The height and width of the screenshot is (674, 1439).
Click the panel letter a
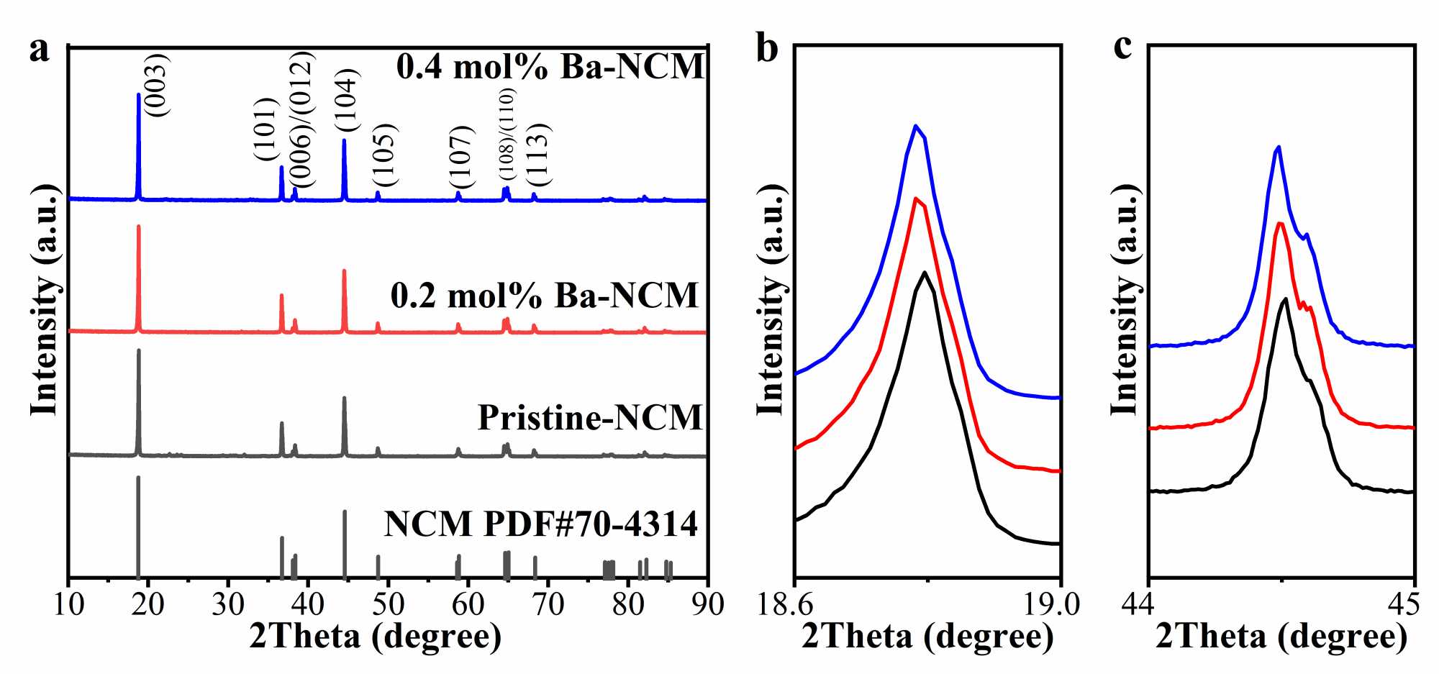[x=40, y=50]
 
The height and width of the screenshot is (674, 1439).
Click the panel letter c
[x=1122, y=47]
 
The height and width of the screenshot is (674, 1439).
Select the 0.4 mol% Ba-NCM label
[x=550, y=66]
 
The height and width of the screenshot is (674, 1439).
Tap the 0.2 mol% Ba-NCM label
[x=545, y=295]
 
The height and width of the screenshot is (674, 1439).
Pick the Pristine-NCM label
[x=589, y=417]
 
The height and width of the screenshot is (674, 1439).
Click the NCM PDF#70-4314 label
[x=540, y=524]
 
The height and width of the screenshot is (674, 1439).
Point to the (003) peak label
[x=156, y=86]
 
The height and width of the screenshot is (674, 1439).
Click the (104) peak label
[x=347, y=101]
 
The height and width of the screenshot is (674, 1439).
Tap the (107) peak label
[x=461, y=157]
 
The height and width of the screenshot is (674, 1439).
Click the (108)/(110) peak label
[x=507, y=135]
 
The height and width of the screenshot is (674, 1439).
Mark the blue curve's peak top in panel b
[x=915, y=126]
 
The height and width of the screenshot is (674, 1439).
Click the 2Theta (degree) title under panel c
[x=1281, y=637]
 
